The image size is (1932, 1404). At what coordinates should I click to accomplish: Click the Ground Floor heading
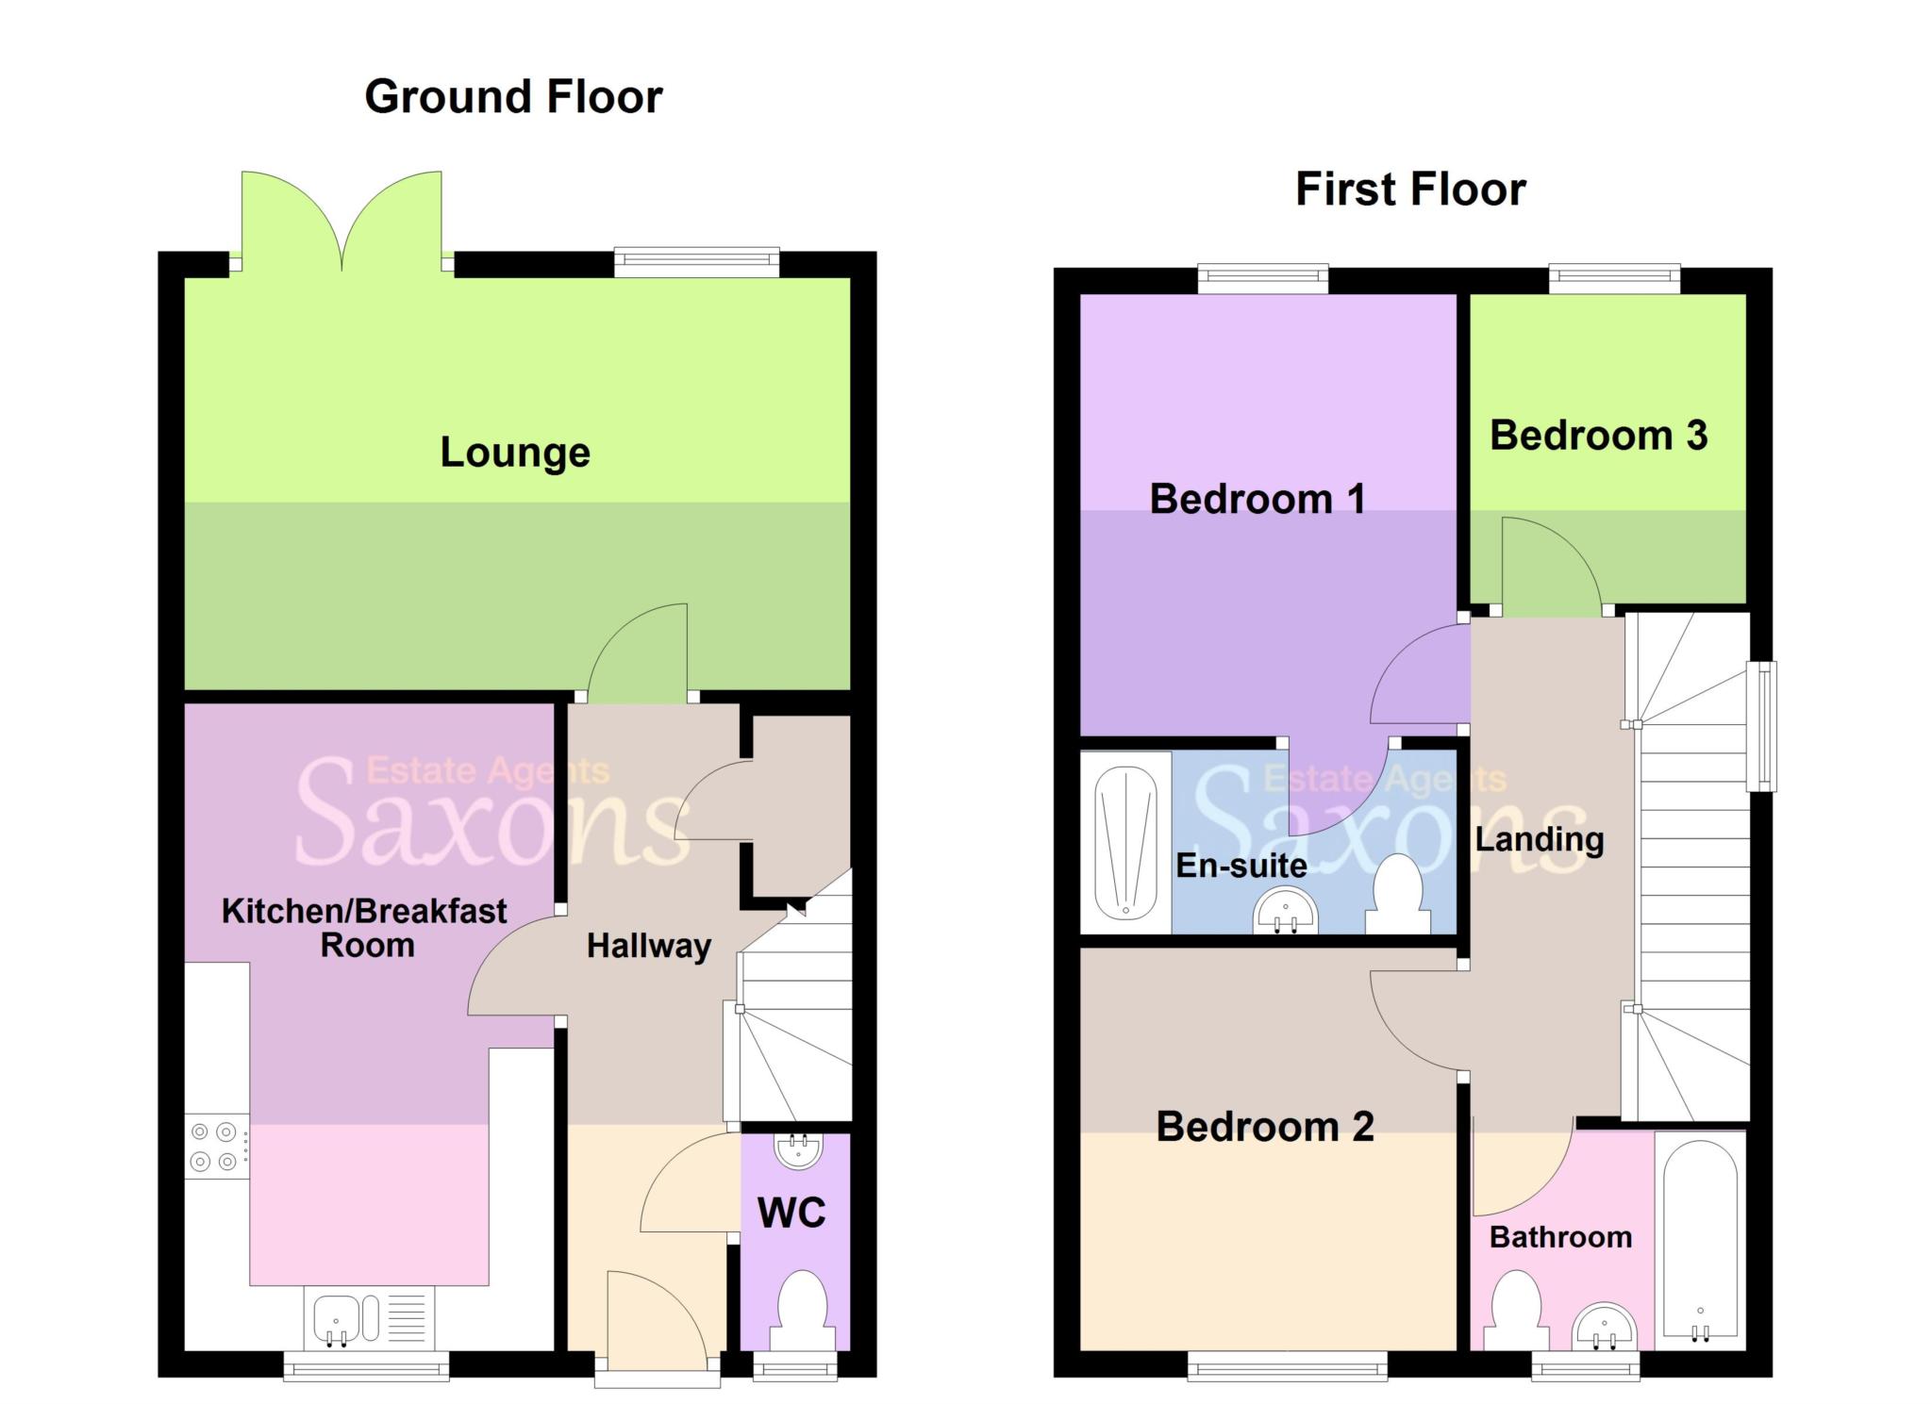513,97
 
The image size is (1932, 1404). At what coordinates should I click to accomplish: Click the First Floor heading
1409,190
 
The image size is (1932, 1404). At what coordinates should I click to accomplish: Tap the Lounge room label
515,453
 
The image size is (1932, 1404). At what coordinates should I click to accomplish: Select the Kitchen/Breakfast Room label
365,928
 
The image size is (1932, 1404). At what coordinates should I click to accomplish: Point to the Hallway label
649,946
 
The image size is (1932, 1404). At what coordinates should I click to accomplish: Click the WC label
791,1213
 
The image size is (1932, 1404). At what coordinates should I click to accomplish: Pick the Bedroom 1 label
1257,499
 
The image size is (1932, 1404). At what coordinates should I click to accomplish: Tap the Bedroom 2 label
1265,1127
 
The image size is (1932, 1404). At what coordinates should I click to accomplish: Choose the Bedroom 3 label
1598,436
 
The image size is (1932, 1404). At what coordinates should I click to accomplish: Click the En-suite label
1241,866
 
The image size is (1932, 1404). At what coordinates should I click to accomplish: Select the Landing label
1540,839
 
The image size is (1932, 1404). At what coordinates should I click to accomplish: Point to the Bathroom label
1560,1237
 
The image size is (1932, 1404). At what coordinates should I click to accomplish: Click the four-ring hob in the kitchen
214,1146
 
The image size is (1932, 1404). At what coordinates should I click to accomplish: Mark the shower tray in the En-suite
1125,842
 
